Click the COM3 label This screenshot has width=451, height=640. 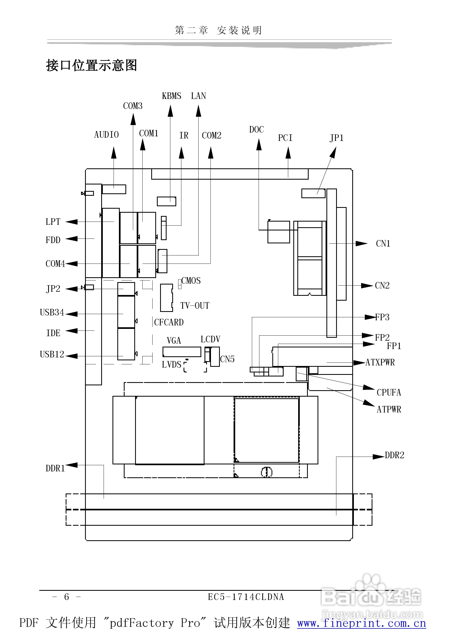click(133, 106)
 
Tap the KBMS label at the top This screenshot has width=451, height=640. click(171, 96)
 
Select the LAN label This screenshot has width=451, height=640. click(198, 96)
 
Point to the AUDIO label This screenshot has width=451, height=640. click(106, 135)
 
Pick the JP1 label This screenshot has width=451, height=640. click(336, 138)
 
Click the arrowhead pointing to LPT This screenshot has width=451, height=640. click(71, 222)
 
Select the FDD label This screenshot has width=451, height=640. click(53, 240)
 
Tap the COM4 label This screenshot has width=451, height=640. click(55, 264)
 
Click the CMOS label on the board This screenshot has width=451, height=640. click(191, 281)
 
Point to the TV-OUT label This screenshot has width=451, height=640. click(195, 306)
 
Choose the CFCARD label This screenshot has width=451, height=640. click(169, 322)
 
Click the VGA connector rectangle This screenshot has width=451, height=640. click(182, 352)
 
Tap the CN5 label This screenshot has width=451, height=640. click(227, 359)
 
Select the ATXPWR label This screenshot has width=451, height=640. click(380, 362)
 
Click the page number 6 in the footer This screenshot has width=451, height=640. click(66, 596)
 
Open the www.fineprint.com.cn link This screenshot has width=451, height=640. click(361, 623)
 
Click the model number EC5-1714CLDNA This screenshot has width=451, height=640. click(246, 597)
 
